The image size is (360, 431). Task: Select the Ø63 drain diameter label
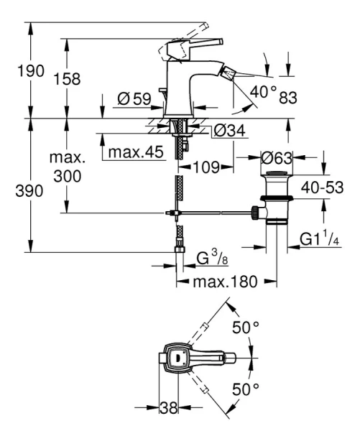tap(276, 156)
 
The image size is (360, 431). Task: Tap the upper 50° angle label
tap(246, 328)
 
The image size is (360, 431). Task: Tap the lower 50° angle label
tap(246, 389)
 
